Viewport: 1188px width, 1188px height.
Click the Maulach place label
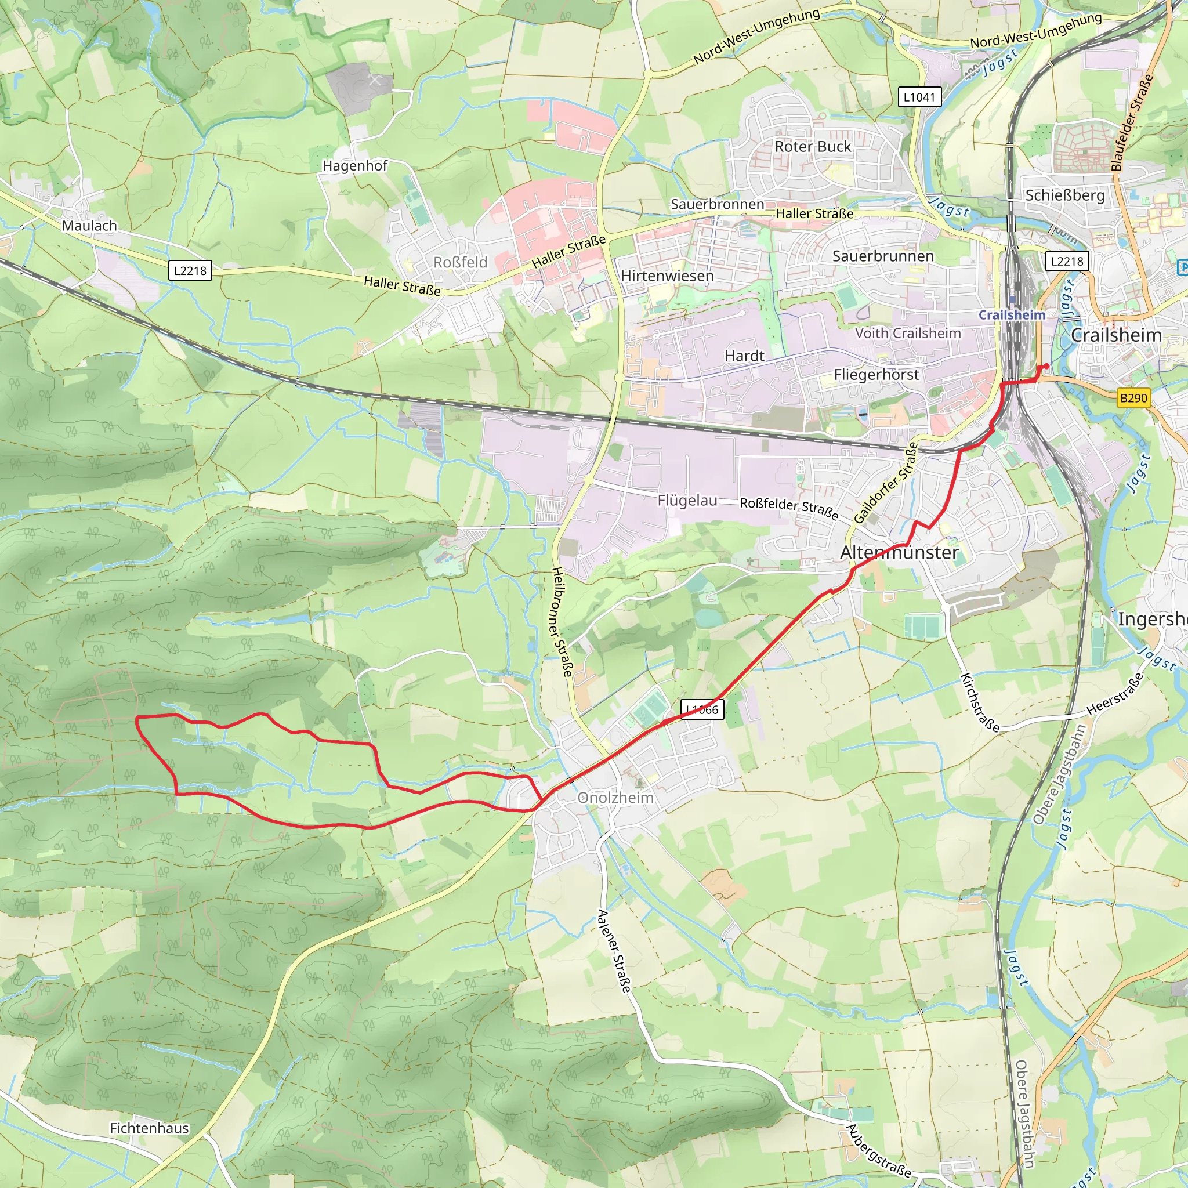89,226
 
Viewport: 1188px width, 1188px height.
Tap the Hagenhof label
355,165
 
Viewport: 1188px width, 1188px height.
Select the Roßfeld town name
460,262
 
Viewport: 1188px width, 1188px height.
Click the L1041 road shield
919,96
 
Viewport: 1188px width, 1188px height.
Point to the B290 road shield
1133,398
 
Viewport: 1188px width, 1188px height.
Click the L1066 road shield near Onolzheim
702,709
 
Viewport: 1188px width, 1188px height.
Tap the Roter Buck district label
813,146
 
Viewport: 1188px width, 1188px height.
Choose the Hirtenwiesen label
667,276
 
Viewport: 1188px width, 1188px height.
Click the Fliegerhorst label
876,375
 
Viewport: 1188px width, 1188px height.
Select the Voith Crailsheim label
908,334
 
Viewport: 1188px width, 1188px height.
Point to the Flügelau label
687,501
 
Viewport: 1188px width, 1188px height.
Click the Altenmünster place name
899,553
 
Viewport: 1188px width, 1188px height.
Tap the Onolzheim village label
615,798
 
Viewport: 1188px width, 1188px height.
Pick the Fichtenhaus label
150,1128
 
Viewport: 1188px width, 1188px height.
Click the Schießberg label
1065,195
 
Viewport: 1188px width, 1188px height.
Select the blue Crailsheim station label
1012,315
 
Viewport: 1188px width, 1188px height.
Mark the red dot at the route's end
1046,367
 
